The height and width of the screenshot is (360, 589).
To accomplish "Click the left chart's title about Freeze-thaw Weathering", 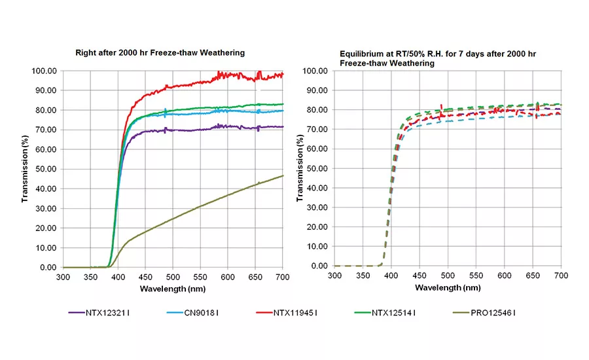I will [x=160, y=52].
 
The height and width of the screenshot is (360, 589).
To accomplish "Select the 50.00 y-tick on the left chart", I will [x=47, y=169].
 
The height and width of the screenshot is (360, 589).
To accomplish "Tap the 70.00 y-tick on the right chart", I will [x=318, y=130].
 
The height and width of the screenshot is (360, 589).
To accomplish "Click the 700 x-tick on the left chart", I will [x=283, y=278].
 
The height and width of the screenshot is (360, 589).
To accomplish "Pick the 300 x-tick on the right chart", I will [x=334, y=277].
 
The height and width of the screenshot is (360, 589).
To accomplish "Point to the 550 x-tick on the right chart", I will [x=476, y=277].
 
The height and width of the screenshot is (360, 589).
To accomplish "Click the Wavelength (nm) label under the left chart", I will [x=173, y=289].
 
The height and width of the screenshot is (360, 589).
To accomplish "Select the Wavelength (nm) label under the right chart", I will [x=448, y=287].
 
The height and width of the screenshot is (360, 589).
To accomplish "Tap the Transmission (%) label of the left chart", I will [x=25, y=168].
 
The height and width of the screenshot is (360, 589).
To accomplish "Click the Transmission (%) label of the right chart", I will [x=298, y=168].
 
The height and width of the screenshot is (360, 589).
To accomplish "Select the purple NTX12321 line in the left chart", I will [x=196, y=130].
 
